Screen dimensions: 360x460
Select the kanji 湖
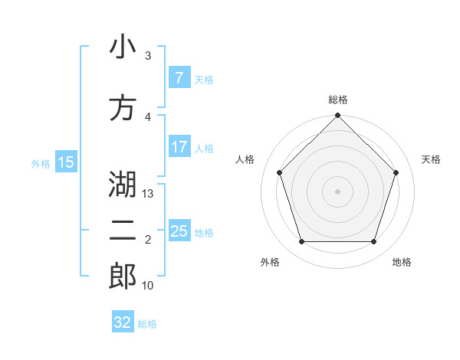coord(123,185)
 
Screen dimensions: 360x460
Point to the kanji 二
coord(123,232)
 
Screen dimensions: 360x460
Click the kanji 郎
coord(123,277)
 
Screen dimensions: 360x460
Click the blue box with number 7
coord(179,78)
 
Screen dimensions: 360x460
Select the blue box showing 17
coord(179,147)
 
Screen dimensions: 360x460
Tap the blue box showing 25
coord(179,231)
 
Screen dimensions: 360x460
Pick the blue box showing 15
coord(65,162)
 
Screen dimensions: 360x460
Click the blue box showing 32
coord(123,322)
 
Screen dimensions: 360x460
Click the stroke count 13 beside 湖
coord(149,194)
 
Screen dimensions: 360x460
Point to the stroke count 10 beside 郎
coord(148,286)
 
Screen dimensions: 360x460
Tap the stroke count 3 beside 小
coord(148,56)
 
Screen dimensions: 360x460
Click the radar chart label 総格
coord(338,100)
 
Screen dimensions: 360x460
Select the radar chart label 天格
coord(431,159)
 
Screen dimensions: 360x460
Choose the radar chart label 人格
coord(245,159)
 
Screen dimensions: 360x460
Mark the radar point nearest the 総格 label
coord(338,116)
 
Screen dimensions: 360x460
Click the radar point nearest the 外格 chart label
coord(301,242)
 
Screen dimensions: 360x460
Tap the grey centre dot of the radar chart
coord(338,191)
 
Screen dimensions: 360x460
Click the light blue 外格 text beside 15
coord(40,163)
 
